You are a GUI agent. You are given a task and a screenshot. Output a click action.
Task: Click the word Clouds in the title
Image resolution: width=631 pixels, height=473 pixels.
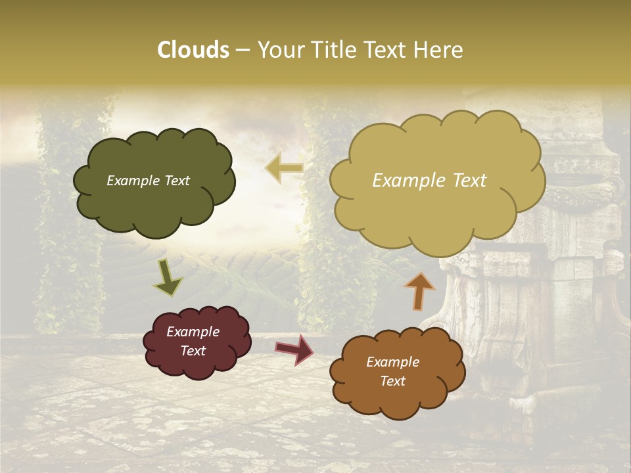pos(193,50)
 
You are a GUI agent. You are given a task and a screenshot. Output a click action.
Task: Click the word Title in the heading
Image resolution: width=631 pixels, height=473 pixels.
pos(335,50)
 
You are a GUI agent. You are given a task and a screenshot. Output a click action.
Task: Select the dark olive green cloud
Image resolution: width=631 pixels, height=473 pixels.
pos(154,204)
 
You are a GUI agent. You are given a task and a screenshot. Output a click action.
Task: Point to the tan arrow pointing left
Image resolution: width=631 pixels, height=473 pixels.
pos(284,168)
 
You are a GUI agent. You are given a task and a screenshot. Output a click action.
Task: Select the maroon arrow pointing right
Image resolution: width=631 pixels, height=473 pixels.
pos(294,349)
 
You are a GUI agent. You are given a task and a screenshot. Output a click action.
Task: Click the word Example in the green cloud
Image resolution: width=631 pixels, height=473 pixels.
pos(133,181)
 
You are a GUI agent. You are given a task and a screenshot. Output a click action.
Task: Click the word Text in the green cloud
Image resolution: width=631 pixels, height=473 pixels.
pos(176,181)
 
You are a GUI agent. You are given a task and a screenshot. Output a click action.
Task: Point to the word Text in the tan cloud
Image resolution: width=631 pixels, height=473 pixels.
pos(469,181)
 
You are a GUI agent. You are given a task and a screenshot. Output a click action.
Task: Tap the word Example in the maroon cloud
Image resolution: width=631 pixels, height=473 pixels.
pos(193,332)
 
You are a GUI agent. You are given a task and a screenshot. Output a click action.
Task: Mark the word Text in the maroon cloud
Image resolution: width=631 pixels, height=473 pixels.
pos(193,351)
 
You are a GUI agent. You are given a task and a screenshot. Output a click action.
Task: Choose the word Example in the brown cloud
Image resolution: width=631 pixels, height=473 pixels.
pos(392,362)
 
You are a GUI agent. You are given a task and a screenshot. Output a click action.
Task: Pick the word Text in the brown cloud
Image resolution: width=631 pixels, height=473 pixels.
pos(392,381)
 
